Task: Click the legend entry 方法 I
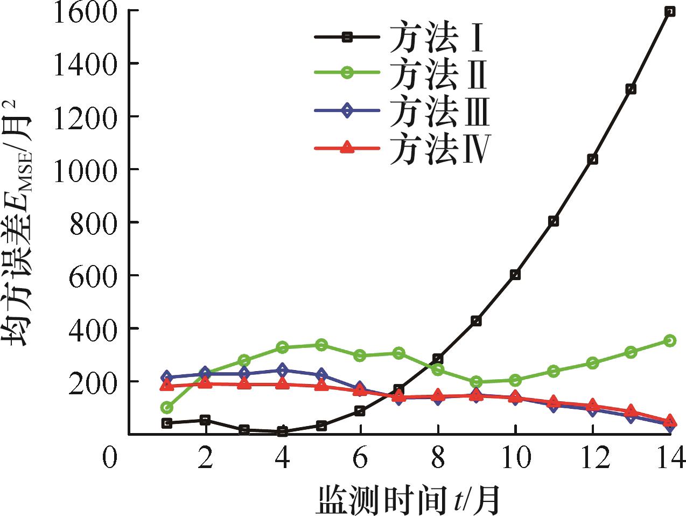pyautogui.click(x=401, y=37)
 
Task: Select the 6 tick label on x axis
pyautogui.click(x=360, y=459)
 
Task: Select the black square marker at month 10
pyautogui.click(x=515, y=275)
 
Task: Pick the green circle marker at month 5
pyautogui.click(x=321, y=345)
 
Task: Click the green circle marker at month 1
pyautogui.click(x=167, y=407)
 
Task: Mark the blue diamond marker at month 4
pyautogui.click(x=283, y=371)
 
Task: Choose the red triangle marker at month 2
pyautogui.click(x=206, y=383)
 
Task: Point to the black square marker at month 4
pyautogui.click(x=283, y=431)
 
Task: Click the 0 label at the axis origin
pyautogui.click(x=110, y=459)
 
